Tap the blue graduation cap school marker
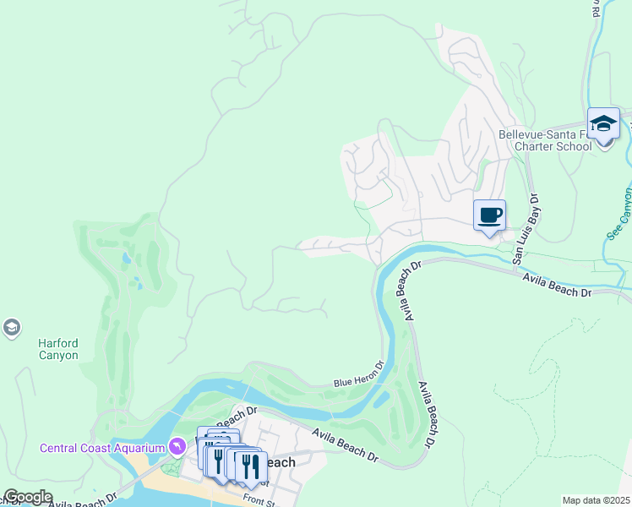point(603,123)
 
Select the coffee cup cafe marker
point(489,215)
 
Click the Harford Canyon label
point(58,349)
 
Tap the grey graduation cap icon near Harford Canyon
point(12,328)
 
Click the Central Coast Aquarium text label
point(101,447)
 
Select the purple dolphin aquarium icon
point(177,445)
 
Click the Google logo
point(27,496)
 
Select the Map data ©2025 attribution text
point(596,500)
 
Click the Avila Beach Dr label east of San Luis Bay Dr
point(556,284)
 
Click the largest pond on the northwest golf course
point(127,259)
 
